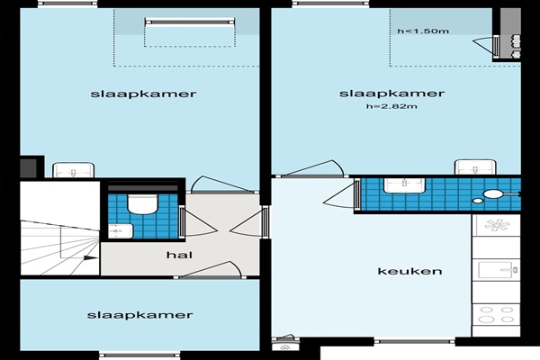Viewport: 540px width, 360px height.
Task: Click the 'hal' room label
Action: tap(179, 255)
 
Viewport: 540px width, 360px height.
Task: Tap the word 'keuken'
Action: tap(409, 271)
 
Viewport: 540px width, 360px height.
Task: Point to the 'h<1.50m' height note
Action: tap(423, 31)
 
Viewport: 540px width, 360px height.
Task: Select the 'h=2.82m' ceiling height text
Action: tap(391, 106)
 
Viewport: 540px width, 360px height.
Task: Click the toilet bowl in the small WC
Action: tap(142, 203)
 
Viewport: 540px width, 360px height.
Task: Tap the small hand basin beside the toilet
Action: tap(121, 230)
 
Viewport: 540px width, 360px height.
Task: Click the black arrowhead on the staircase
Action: tap(91, 257)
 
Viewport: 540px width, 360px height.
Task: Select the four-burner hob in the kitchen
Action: tap(496, 314)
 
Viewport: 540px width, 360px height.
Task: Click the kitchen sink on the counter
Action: tap(498, 270)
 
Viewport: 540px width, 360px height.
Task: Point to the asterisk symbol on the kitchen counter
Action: tap(497, 225)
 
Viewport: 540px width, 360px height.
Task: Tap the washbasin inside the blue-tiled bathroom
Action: tap(405, 185)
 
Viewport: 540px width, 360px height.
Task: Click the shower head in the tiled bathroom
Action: tap(494, 194)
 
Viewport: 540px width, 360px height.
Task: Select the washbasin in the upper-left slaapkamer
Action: tap(74, 170)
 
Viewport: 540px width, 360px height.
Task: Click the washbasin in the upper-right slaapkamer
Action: tap(475, 167)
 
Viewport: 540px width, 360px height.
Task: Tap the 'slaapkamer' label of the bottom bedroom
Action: tap(139, 315)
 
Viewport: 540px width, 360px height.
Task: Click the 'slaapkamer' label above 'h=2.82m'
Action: tap(391, 94)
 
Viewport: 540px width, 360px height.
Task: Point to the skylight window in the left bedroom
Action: tap(190, 22)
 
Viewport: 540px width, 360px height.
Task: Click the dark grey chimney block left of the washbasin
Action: tap(28, 168)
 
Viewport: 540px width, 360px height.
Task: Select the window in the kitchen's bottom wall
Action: tap(414, 341)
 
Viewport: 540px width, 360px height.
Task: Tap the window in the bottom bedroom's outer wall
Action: tap(139, 355)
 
